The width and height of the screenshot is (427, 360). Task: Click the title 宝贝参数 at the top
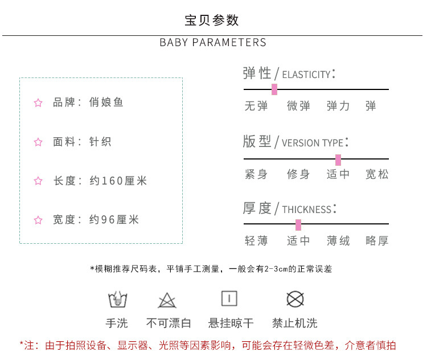pos(212,21)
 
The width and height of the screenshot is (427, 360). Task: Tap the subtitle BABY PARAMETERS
pos(213,43)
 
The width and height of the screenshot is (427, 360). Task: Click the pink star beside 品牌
pos(38,103)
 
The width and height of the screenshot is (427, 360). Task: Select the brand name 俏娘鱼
pos(106,103)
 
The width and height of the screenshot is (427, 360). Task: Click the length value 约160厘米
pos(118,181)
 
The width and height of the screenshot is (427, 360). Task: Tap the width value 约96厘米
pos(114,220)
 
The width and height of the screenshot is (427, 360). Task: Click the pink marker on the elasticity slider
pos(274,89)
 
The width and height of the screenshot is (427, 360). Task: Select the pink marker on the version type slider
pos(338,159)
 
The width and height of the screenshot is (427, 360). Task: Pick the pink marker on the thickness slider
pos(298,224)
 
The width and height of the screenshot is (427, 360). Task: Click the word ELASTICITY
pos(306,75)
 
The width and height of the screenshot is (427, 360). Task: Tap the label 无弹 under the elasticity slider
pos(256,106)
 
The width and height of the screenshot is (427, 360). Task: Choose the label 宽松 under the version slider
pos(377,174)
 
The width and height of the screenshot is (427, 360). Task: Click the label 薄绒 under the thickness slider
pos(338,241)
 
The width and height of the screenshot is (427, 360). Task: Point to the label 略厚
pos(377,241)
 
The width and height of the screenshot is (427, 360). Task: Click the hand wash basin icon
pos(117,299)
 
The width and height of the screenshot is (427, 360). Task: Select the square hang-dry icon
pos(229,298)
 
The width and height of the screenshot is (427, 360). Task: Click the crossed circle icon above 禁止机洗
pos(294,299)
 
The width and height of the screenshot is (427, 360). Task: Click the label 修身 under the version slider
pos(298,174)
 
